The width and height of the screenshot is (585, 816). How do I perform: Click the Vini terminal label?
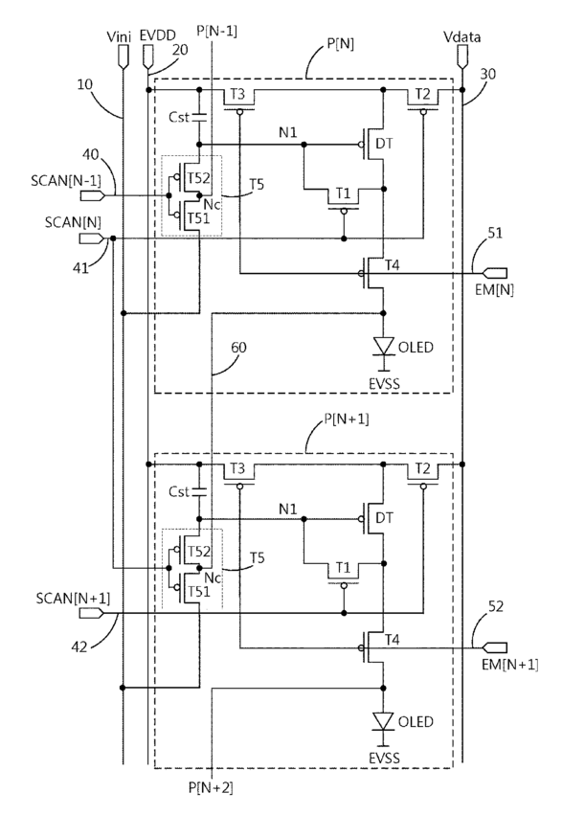pyautogui.click(x=119, y=36)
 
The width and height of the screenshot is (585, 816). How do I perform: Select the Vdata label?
pyautogui.click(x=461, y=37)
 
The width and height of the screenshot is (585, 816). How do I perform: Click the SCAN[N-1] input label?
pyautogui.click(x=66, y=181)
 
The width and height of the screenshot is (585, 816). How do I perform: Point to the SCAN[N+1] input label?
pyautogui.click(x=73, y=598)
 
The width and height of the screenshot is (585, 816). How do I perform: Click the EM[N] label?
pyautogui.click(x=494, y=290)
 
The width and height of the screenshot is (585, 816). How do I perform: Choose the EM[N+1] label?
pyautogui.click(x=509, y=665)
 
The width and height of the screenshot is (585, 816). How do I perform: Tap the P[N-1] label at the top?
pyautogui.click(x=216, y=32)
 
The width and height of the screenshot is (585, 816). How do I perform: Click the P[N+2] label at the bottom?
pyautogui.click(x=211, y=788)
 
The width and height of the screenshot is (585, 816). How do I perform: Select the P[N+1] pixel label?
pyautogui.click(x=346, y=419)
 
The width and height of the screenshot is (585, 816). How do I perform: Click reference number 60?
pyautogui.click(x=238, y=347)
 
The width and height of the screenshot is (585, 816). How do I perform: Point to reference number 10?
pyautogui.click(x=85, y=83)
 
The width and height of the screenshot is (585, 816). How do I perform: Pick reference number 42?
pyautogui.click(x=79, y=646)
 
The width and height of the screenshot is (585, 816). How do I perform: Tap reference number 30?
pyautogui.click(x=487, y=74)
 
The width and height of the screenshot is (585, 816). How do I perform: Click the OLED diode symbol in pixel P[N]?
pyautogui.click(x=383, y=347)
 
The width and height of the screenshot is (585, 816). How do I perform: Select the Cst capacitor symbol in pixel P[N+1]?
pyautogui.click(x=199, y=491)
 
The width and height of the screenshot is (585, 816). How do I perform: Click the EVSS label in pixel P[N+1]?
pyautogui.click(x=384, y=758)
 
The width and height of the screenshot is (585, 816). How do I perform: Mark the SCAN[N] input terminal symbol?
pyautogui.click(x=92, y=238)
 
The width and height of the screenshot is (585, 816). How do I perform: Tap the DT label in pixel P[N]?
pyautogui.click(x=384, y=144)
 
